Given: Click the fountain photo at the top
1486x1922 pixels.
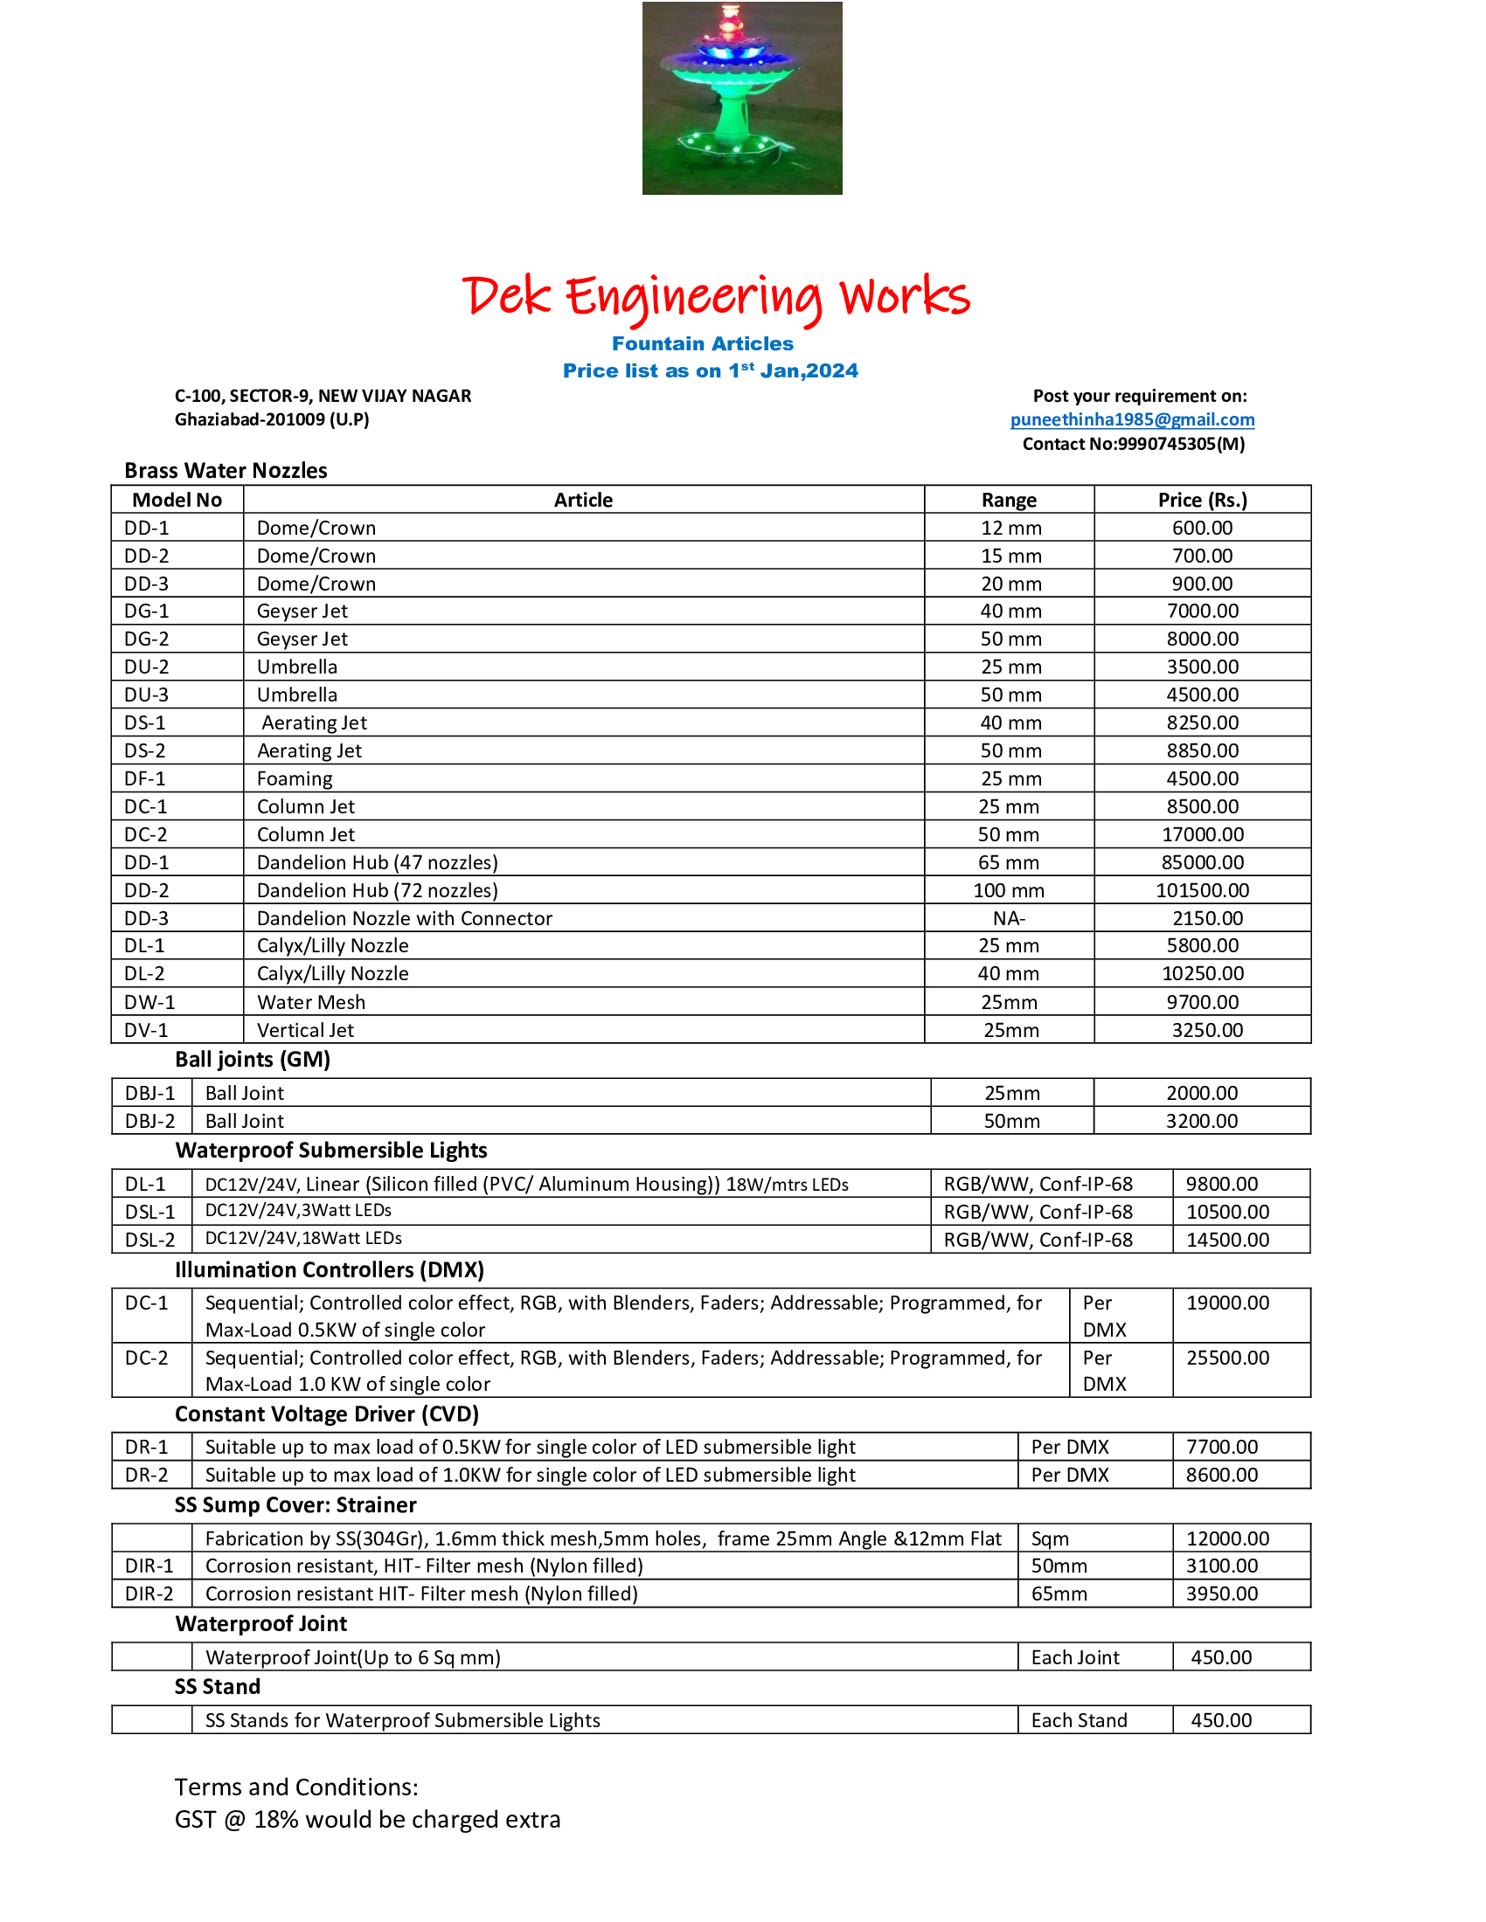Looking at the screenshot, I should [741, 98].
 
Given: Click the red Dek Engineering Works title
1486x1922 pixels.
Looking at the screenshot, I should [716, 296].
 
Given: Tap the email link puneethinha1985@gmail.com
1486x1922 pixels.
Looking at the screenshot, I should [1132, 419].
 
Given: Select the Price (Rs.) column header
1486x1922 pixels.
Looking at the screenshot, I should [1202, 500].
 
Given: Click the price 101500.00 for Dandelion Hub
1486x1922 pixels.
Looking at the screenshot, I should [1202, 890].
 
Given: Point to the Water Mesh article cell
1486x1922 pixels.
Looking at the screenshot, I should [311, 1002].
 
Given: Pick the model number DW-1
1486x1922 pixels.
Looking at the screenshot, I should [149, 1002].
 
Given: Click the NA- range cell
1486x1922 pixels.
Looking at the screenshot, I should [1009, 919].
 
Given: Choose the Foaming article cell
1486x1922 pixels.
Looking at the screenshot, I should [295, 778].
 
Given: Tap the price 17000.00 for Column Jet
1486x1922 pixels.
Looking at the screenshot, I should [1202, 834].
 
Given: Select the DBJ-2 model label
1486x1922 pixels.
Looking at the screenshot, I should [149, 1121].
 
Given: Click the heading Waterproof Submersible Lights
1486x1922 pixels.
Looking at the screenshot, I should [331, 1151].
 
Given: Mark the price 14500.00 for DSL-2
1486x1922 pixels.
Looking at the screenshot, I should [1227, 1240].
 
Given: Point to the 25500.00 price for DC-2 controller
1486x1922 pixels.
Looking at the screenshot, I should [1227, 1358].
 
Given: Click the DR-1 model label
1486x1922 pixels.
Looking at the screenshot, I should [146, 1447].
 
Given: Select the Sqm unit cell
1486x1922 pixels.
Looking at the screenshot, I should [1050, 1538].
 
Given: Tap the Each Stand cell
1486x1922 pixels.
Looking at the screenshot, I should [1079, 1720].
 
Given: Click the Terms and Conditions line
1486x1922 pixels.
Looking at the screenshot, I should [296, 1787].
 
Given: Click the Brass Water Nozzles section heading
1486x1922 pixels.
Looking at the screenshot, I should [226, 471].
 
